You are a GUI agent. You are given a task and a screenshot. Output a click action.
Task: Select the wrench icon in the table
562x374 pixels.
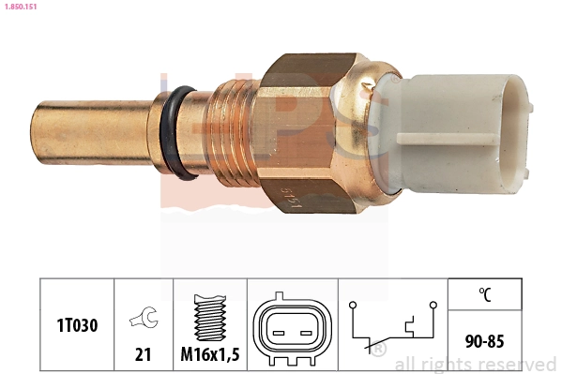[144, 319]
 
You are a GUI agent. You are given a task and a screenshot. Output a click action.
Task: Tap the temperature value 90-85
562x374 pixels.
[484, 340]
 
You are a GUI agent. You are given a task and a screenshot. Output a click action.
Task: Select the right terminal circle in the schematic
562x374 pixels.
[433, 305]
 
